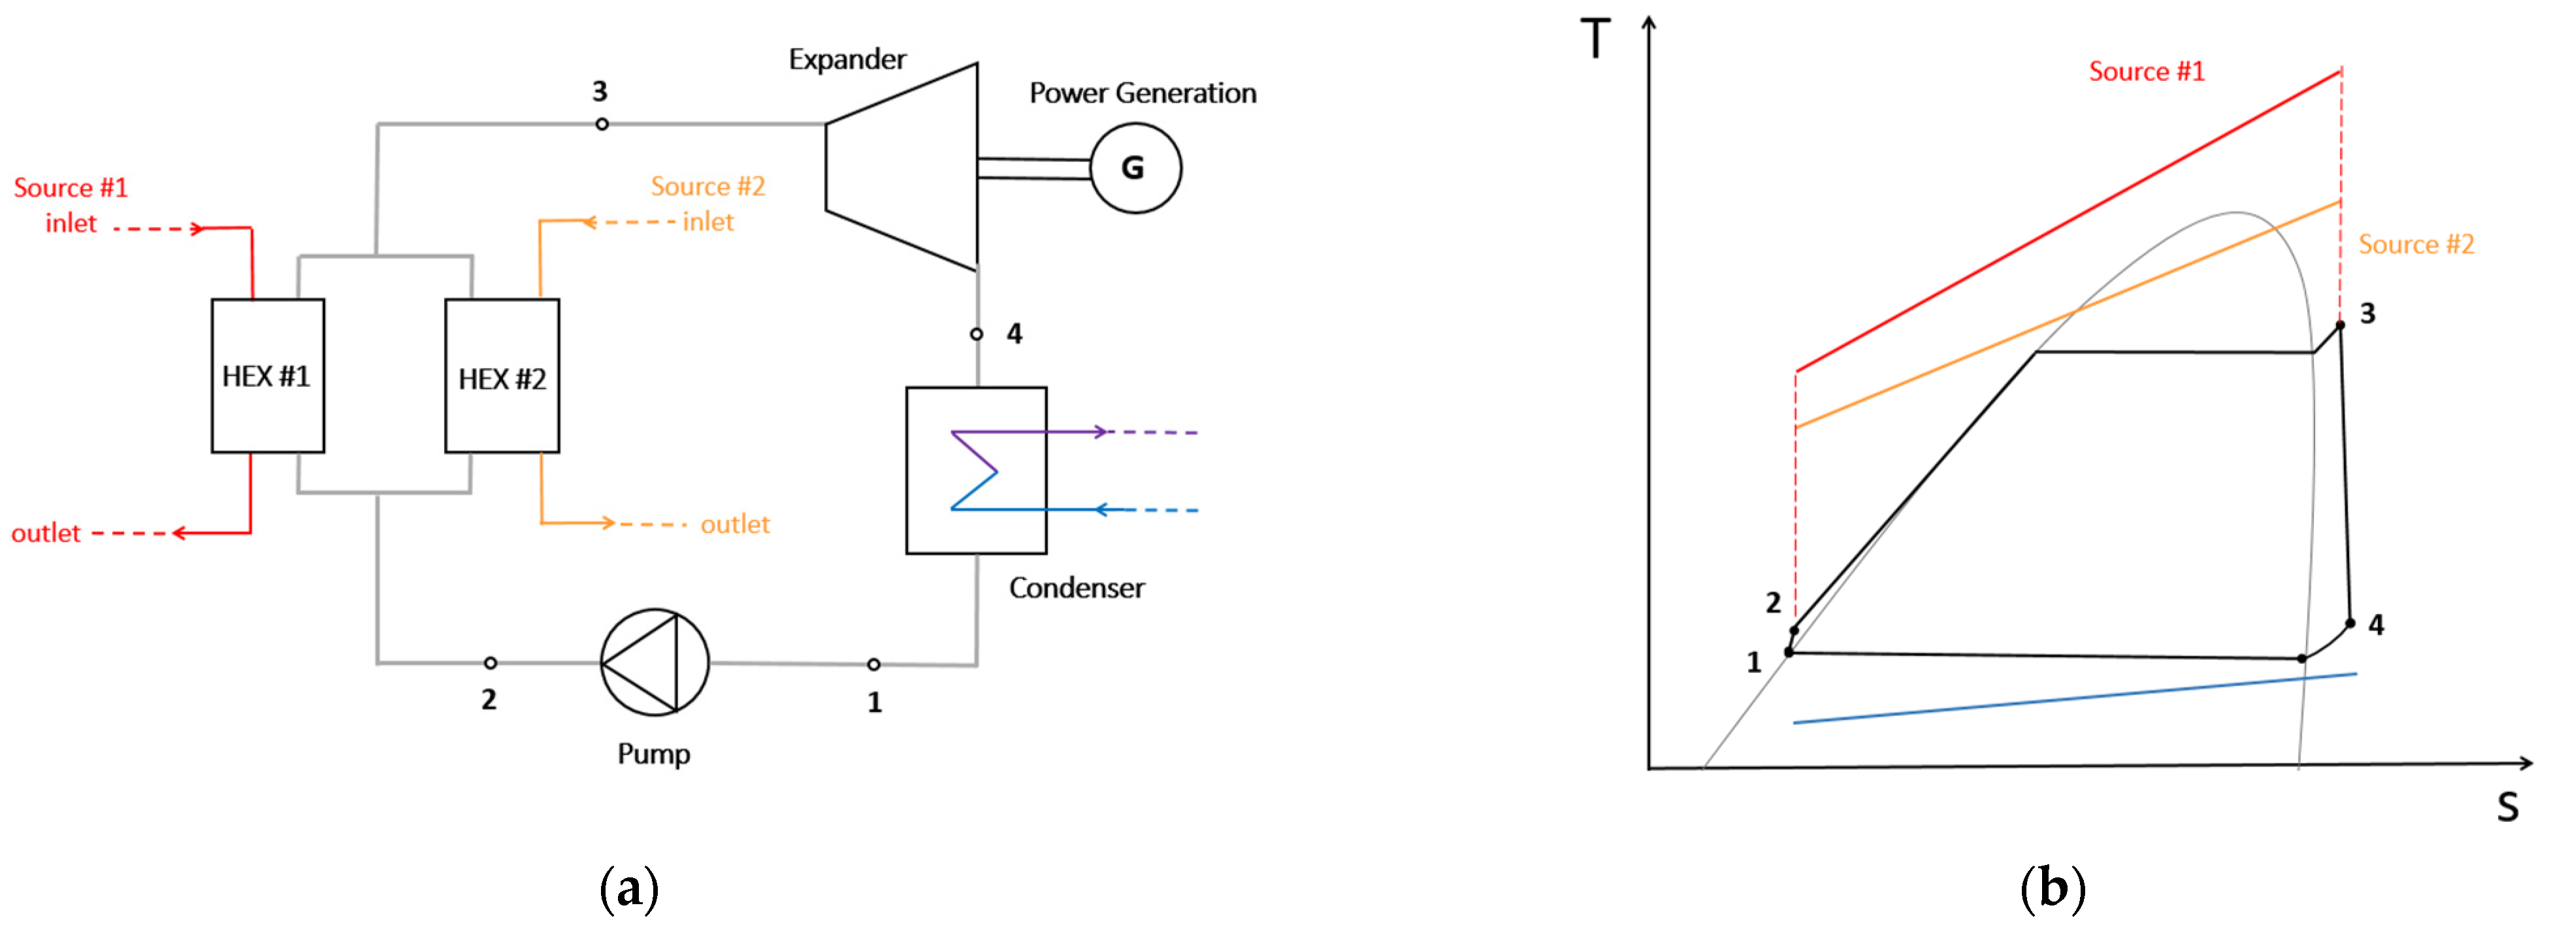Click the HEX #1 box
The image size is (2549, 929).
(267, 376)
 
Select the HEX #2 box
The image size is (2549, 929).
(502, 376)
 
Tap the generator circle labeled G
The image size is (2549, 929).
(1135, 168)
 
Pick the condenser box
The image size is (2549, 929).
(976, 470)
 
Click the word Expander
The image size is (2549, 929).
(847, 59)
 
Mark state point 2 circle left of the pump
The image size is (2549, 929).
(490, 663)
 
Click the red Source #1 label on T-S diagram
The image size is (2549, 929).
(2146, 71)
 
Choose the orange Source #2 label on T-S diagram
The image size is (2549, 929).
(2416, 244)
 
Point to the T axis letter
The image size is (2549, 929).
(1595, 40)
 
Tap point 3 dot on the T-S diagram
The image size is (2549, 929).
(2340, 325)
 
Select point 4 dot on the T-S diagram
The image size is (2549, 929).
(2350, 623)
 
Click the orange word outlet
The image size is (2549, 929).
(734, 525)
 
